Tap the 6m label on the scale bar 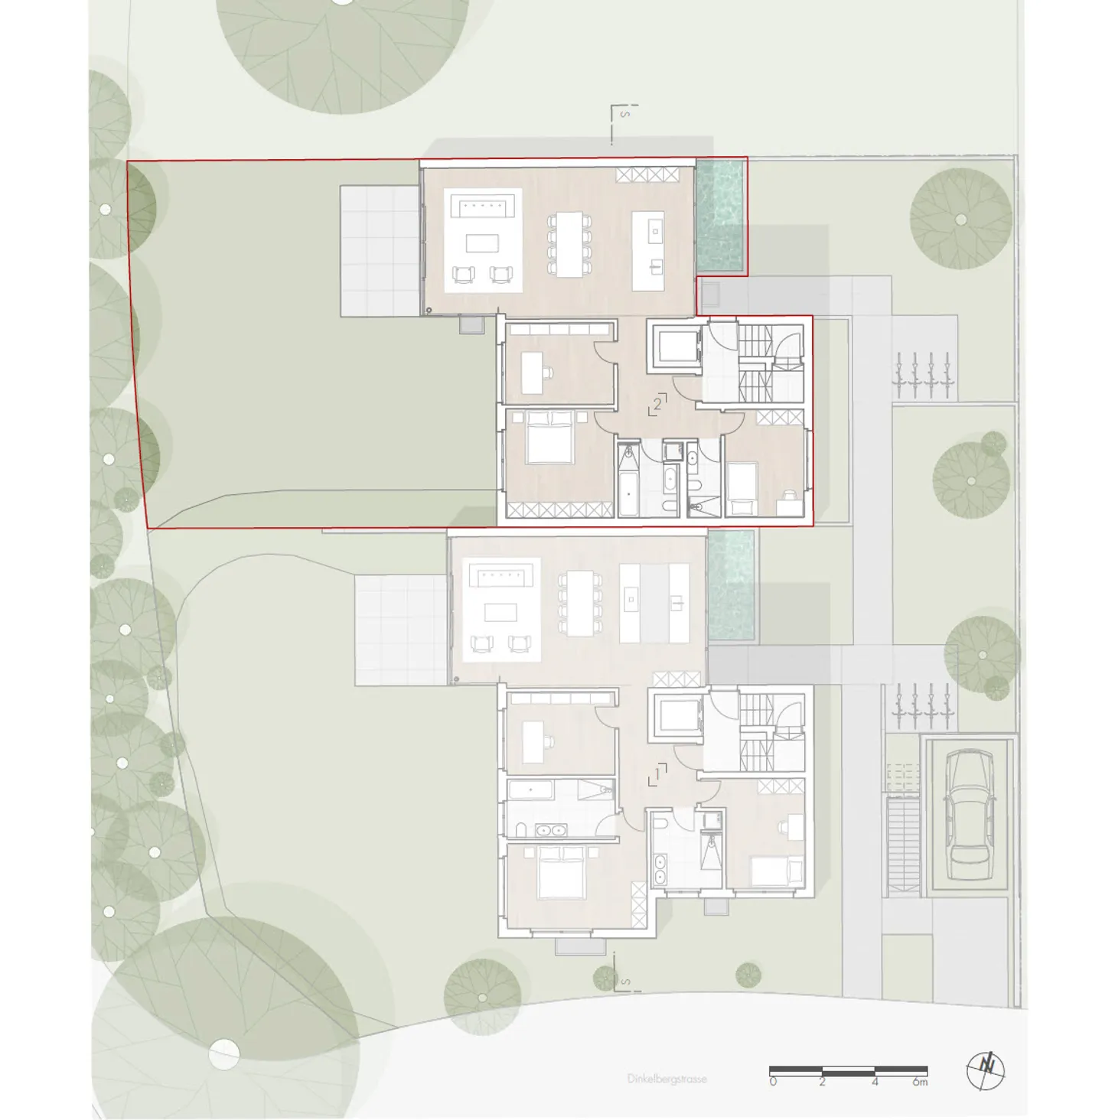pyautogui.click(x=921, y=1082)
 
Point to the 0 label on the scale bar pyautogui.click(x=773, y=1082)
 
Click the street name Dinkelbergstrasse pyautogui.click(x=667, y=1079)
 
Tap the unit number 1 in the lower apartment pyautogui.click(x=657, y=774)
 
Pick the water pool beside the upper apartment pyautogui.click(x=720, y=216)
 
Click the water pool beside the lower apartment pyautogui.click(x=730, y=584)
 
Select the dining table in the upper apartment pyautogui.click(x=569, y=244)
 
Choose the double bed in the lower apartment pyautogui.click(x=562, y=872)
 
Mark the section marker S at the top pyautogui.click(x=625, y=116)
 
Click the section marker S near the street pyautogui.click(x=626, y=981)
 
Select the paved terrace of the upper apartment pyautogui.click(x=380, y=251)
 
